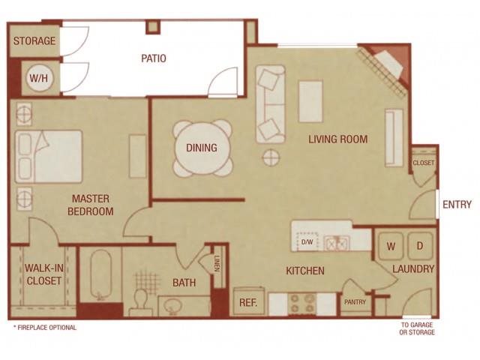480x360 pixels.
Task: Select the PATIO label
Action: (154, 58)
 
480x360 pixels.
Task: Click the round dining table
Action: (202, 148)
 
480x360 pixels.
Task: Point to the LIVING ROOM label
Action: (337, 139)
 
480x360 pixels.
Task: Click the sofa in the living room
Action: (270, 103)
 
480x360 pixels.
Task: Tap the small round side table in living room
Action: (270, 157)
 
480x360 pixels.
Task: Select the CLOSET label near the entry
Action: (423, 163)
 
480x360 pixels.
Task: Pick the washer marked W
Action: (390, 246)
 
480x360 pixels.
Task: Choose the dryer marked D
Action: (420, 246)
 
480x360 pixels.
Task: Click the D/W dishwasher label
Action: (307, 242)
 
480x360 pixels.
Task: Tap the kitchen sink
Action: (335, 242)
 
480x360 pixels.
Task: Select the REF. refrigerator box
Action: (248, 301)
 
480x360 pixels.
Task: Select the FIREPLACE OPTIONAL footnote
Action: (45, 328)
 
